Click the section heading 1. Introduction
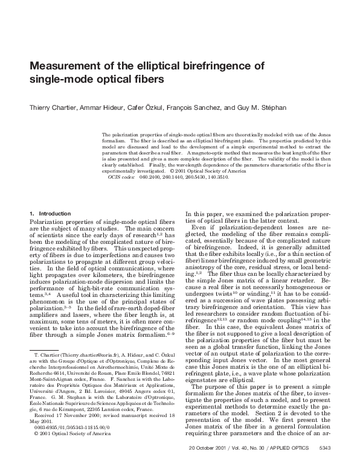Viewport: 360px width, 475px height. tap(50, 214)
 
